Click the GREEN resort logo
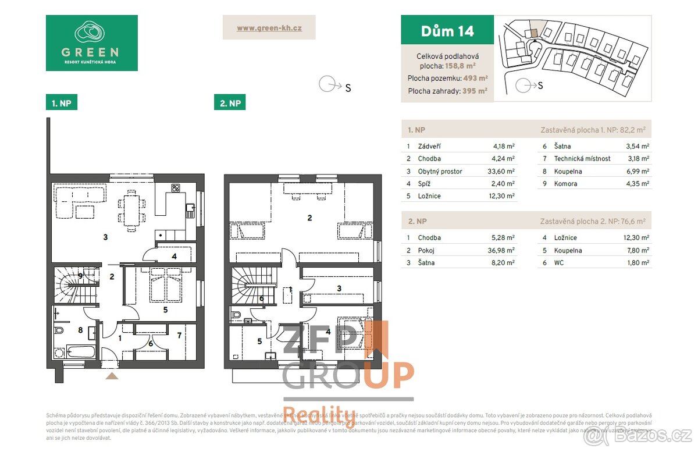coord(91,42)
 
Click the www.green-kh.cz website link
coord(269,27)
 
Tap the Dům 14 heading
coord(447,30)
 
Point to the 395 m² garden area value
coord(475,91)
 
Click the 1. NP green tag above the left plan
coord(62,103)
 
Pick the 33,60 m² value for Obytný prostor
coord(500,171)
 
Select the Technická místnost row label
coord(582,159)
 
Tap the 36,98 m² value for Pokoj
coord(500,250)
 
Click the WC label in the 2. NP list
coord(560,263)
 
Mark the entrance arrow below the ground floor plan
coord(112,376)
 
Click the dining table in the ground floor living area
coord(131,209)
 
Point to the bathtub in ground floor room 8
coord(80,351)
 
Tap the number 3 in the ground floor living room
coord(105,237)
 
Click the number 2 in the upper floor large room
coord(310,218)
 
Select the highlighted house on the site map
coord(533,33)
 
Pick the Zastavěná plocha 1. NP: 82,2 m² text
coord(592,130)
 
